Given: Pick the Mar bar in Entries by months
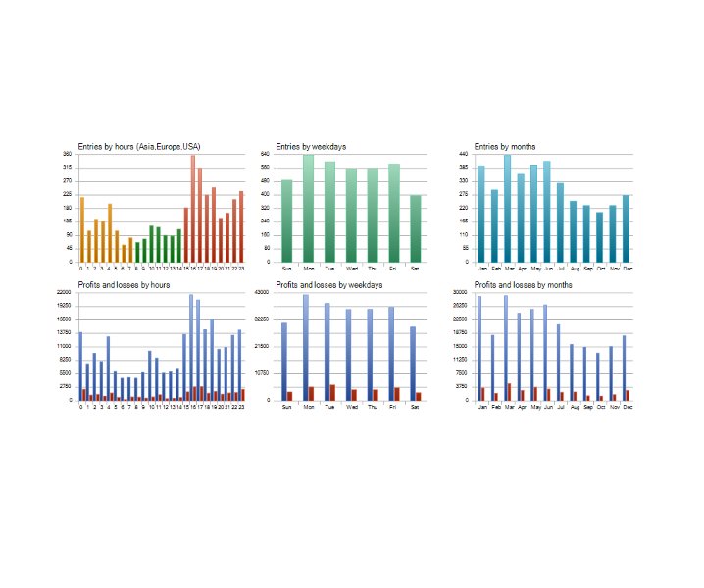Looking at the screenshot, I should coord(507,209).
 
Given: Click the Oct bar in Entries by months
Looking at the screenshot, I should coord(599,237).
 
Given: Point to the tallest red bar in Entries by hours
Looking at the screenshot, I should coord(192,209).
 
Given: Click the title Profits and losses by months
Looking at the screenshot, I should coord(523,285).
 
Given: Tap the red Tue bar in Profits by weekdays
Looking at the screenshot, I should coord(332,392).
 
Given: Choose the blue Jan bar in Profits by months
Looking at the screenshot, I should coord(479,348).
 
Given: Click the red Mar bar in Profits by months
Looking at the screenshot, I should coord(509,391).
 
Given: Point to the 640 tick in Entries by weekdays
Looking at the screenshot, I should coord(265,155).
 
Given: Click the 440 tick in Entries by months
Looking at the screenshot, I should coord(463,155).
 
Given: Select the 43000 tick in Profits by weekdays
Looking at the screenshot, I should coord(264,292).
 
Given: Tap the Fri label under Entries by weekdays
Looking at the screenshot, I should coord(393,269).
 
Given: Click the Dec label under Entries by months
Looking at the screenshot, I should coord(627,269).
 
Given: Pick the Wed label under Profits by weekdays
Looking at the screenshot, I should coord(351,407).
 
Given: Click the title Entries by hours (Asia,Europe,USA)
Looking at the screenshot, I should coord(139,147).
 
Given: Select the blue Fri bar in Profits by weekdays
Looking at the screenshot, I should coord(390,353).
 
